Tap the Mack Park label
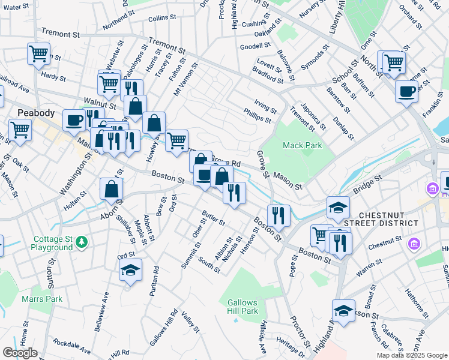click(x=303, y=145)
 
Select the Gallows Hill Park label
click(x=243, y=307)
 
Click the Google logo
click(x=20, y=353)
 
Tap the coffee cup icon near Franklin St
click(x=406, y=92)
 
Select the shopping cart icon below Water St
click(x=38, y=53)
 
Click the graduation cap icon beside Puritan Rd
click(x=130, y=270)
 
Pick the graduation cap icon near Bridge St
click(x=339, y=208)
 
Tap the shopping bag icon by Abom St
click(x=112, y=189)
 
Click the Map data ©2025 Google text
click(x=412, y=355)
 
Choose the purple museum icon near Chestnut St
click(x=412, y=244)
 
